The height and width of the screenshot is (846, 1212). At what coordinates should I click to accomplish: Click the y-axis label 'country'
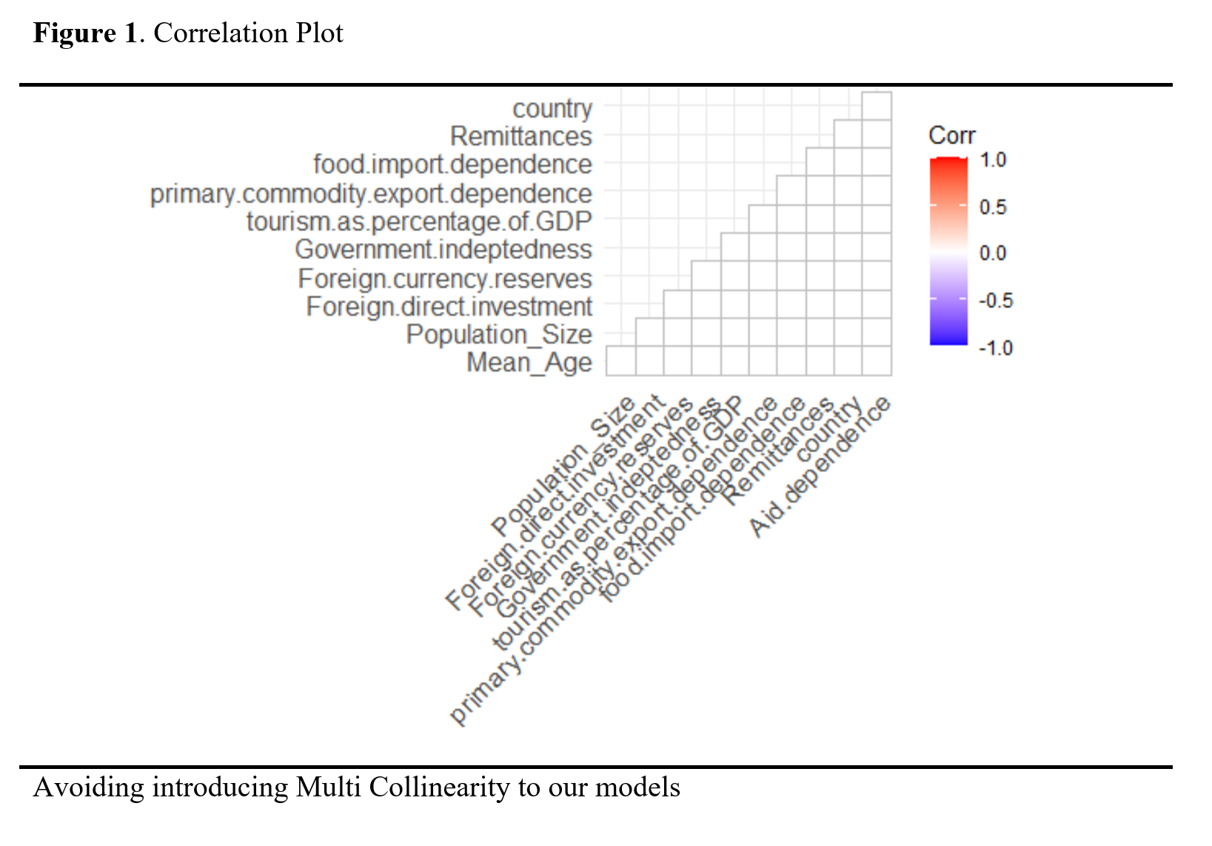coord(552,109)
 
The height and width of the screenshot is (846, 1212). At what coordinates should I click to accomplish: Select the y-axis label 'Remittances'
coord(520,136)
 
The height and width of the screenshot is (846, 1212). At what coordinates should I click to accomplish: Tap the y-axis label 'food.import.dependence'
coord(452,164)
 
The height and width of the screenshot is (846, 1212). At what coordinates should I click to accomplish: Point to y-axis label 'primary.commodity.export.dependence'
coord(371,193)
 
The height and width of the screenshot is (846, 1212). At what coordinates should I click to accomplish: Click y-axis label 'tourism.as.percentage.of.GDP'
coord(419,222)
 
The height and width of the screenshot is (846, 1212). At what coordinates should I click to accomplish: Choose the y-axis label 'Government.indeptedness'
coord(443,250)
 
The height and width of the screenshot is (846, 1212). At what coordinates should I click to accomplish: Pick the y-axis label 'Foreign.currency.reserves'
coord(445,279)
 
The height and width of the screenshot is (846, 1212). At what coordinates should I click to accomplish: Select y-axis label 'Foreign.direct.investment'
coord(449,307)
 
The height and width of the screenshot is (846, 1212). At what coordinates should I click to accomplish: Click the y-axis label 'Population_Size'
coord(499,335)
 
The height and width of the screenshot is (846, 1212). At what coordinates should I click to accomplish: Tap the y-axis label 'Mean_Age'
coord(529,363)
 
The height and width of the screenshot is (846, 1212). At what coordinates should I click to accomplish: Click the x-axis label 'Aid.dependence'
coord(820,467)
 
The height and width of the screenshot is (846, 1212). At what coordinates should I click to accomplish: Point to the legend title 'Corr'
coord(951,136)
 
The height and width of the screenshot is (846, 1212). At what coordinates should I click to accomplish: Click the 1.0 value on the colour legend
coord(992,160)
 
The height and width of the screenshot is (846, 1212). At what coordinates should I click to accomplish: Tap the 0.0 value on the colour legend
coord(992,253)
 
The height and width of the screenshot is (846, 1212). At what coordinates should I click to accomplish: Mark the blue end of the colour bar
coord(948,339)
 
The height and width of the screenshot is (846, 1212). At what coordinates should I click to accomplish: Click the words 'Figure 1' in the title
coord(85,33)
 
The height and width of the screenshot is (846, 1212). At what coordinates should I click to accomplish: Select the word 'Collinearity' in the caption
coord(439,787)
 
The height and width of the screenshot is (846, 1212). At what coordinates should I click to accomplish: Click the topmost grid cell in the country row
coord(877,106)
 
